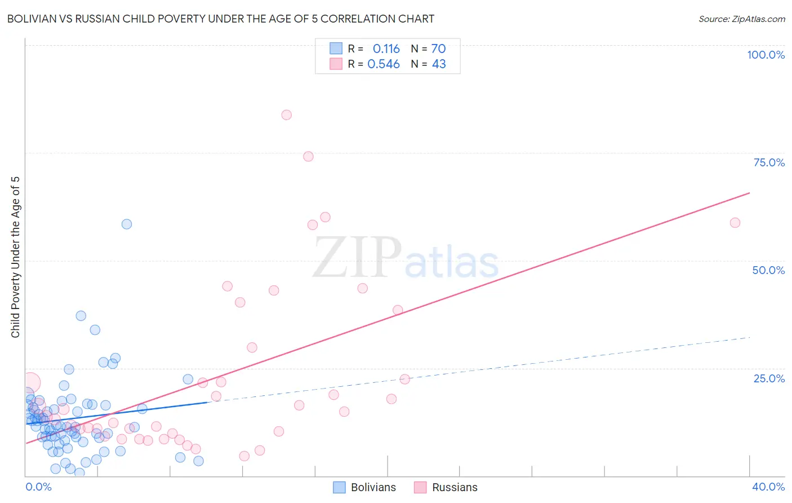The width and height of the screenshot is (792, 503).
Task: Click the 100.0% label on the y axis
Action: (x=766, y=55)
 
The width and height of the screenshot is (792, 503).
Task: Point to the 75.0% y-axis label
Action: (x=769, y=162)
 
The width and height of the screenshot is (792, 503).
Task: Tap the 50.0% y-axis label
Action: (x=768, y=270)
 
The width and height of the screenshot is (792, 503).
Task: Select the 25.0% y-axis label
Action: (x=769, y=378)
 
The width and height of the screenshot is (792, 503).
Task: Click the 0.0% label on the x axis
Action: (x=38, y=487)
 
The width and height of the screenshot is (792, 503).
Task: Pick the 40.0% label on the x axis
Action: (x=768, y=487)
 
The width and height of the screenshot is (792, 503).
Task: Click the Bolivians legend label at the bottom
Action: (x=373, y=487)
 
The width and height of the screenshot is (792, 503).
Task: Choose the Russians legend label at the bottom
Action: (x=455, y=487)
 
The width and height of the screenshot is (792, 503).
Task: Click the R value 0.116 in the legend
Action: (x=386, y=49)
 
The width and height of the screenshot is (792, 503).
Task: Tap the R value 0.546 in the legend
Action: (x=383, y=64)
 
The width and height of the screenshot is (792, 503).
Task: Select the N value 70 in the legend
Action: (x=438, y=49)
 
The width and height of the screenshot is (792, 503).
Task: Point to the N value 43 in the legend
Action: (x=439, y=64)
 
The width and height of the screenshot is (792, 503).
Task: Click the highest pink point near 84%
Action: (x=286, y=115)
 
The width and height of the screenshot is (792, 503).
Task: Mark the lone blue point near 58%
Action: (x=127, y=224)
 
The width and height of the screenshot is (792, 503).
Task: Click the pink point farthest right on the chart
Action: (x=735, y=223)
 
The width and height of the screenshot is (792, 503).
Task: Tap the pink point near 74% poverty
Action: (x=308, y=156)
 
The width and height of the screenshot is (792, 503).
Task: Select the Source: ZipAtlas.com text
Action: (x=741, y=19)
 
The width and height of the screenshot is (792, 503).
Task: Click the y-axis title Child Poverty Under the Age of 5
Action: (x=15, y=257)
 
